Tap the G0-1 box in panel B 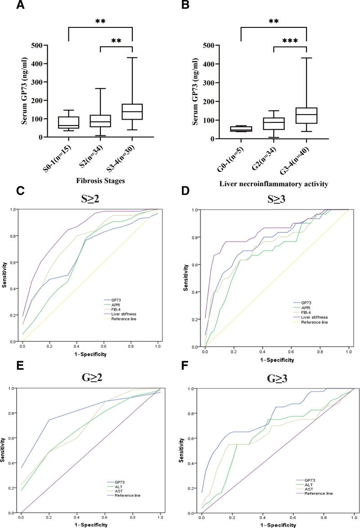241,129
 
